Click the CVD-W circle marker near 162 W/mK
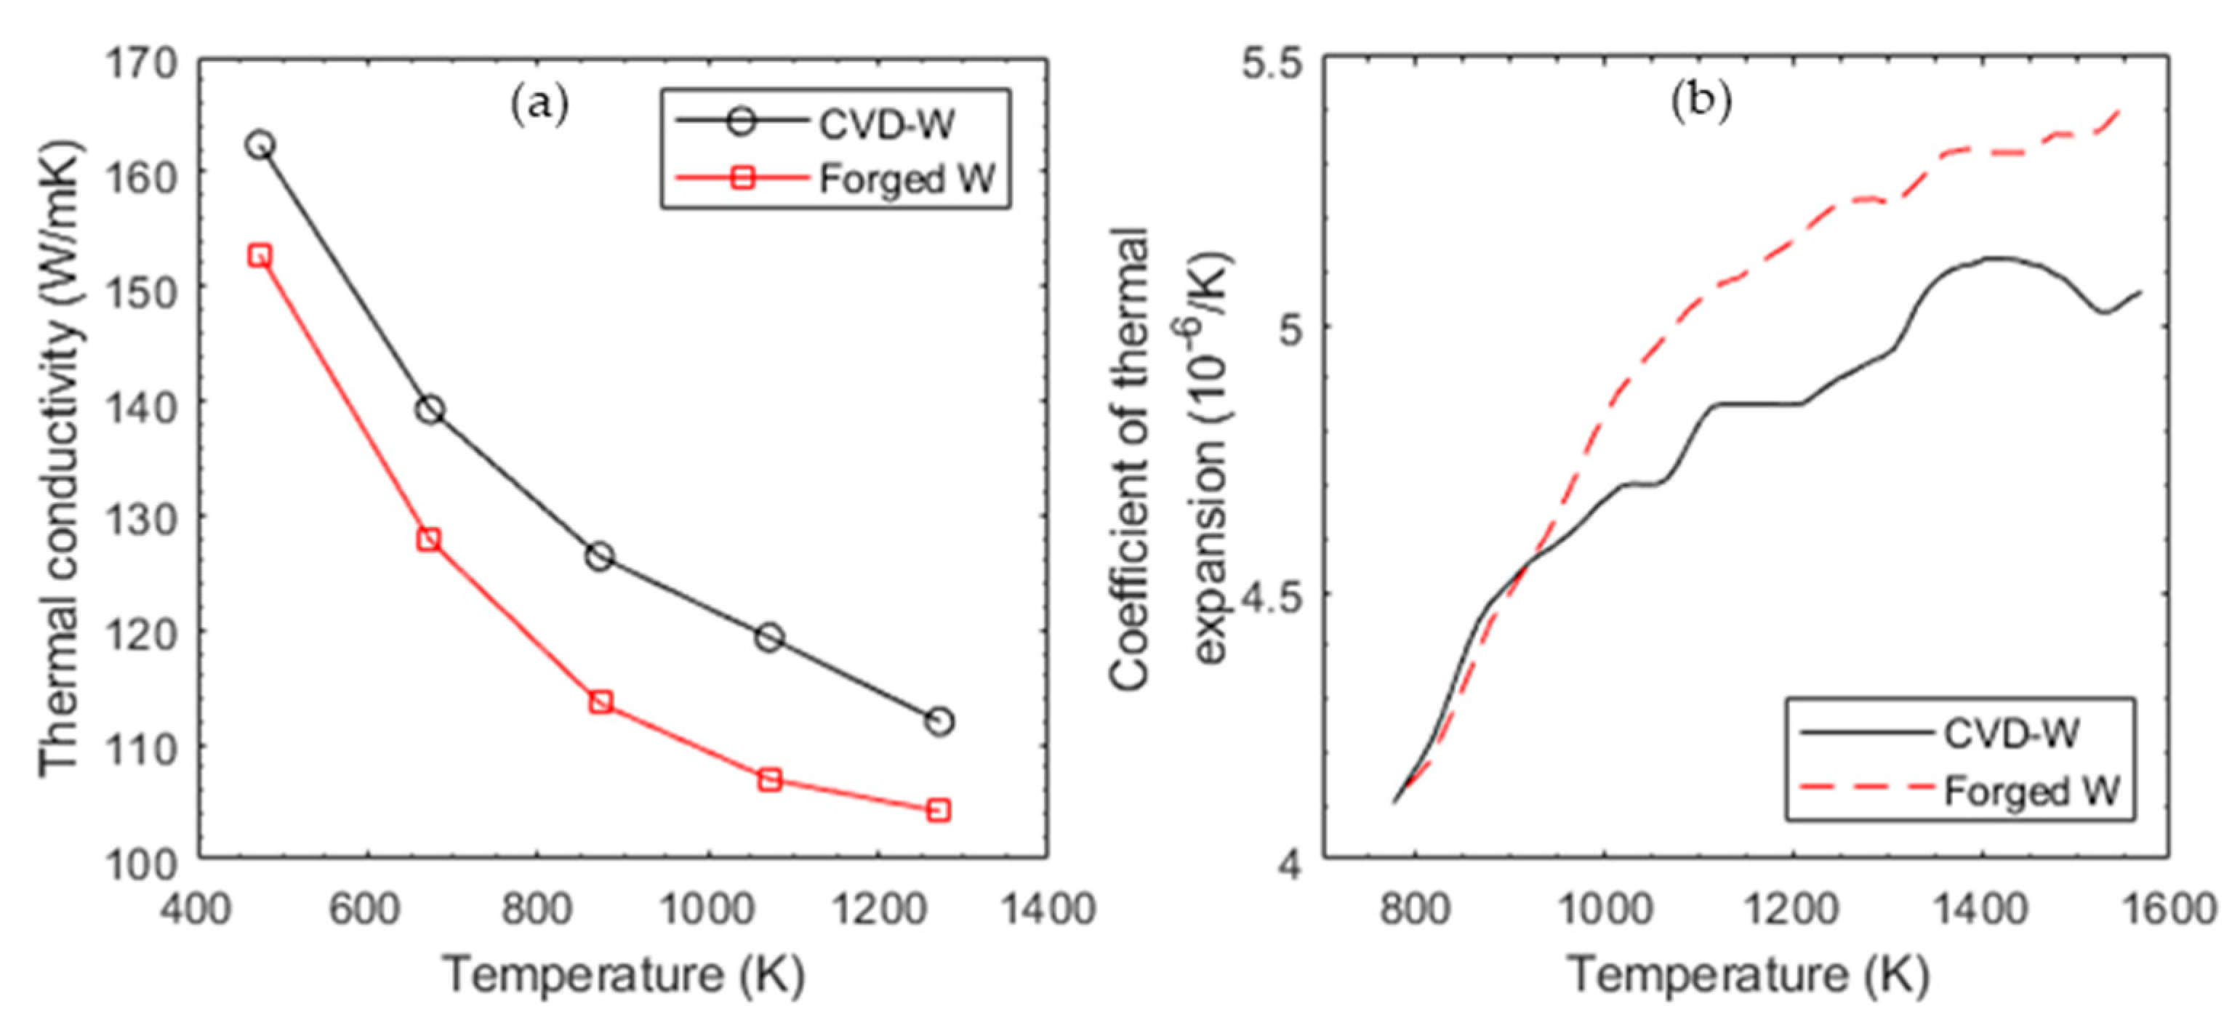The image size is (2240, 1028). [x=259, y=145]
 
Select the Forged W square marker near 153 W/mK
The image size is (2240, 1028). [x=259, y=255]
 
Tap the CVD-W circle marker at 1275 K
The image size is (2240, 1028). [x=939, y=721]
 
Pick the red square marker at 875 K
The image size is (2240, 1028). [x=600, y=701]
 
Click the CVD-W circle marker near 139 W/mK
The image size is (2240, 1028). [x=430, y=409]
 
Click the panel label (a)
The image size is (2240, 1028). [x=539, y=105]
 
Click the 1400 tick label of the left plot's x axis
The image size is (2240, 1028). [x=1046, y=909]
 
